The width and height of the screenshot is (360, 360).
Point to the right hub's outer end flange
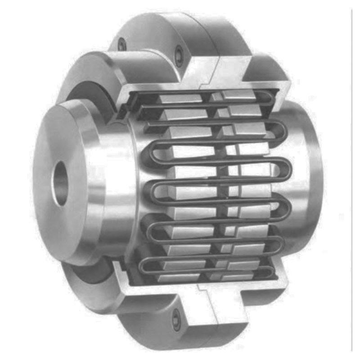(310, 180)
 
